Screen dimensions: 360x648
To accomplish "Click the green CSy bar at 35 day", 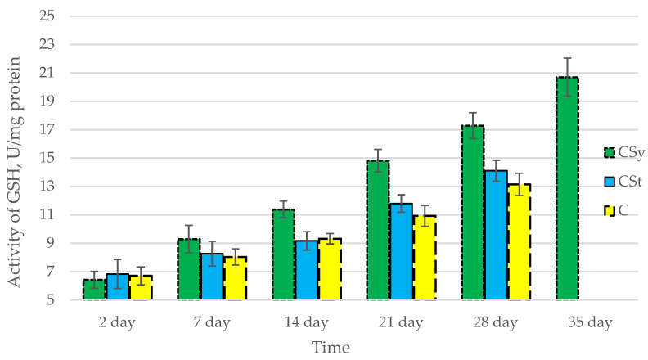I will pos(567,189).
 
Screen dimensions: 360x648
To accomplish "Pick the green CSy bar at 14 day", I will pos(283,254).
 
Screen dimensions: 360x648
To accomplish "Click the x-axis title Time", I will pos(330,348).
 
